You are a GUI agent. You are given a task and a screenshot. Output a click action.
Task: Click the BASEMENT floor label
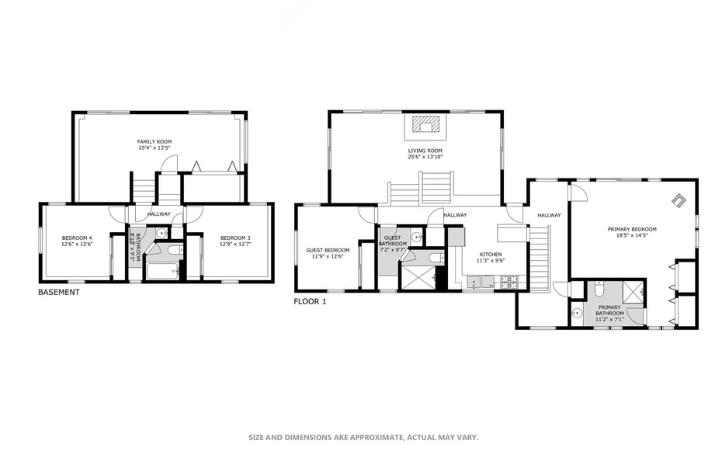coord(58,292)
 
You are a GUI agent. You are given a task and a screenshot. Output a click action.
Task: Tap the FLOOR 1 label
coord(310,302)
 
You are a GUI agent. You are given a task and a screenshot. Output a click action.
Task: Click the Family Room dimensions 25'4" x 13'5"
coord(154,148)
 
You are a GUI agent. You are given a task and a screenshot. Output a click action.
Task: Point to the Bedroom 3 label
coord(235,238)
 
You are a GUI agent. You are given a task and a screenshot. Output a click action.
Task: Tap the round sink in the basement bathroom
coord(161,234)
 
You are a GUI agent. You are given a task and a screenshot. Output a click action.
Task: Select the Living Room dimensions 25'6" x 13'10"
coord(425,157)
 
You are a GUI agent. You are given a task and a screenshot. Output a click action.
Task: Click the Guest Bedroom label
coord(328,251)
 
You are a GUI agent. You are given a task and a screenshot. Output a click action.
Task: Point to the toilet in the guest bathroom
coord(434,257)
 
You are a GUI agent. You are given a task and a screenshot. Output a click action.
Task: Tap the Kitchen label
coord(491,255)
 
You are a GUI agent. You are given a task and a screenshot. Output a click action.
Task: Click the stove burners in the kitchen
coord(510,282)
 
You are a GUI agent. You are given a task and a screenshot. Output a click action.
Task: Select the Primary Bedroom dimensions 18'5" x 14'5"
coord(632,235)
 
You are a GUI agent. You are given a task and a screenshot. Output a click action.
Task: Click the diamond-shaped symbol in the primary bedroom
coord(679,200)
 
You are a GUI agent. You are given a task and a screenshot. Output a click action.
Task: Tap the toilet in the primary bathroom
coord(599,289)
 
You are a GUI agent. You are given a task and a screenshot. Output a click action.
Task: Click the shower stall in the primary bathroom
coord(633,292)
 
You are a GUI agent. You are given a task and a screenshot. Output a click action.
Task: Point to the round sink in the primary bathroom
coord(577,314)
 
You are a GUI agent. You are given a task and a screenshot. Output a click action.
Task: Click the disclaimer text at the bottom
coord(364,437)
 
